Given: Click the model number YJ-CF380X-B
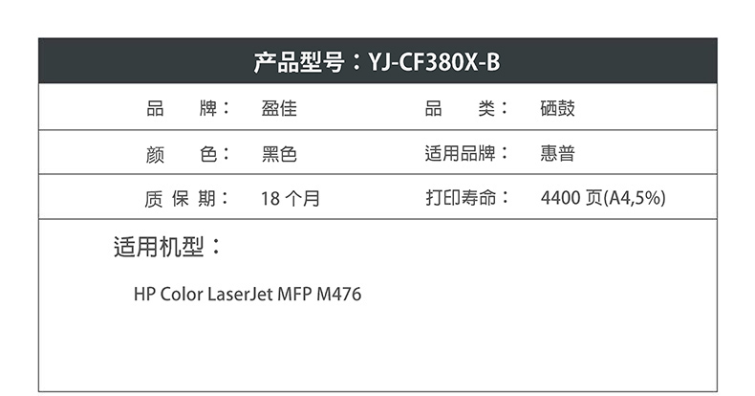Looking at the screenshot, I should tap(434, 63).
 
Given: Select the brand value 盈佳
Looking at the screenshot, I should tap(279, 109).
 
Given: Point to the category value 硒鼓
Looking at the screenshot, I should tap(557, 109).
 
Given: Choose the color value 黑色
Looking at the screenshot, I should tap(279, 154).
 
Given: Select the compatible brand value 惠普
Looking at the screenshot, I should tap(557, 154).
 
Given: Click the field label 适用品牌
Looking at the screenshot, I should tap(462, 154).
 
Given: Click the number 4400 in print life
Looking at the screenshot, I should tap(561, 199).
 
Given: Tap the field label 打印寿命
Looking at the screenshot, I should tap(462, 199).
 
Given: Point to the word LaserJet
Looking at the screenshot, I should tap(240, 294).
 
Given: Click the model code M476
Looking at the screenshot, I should tap(341, 294).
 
